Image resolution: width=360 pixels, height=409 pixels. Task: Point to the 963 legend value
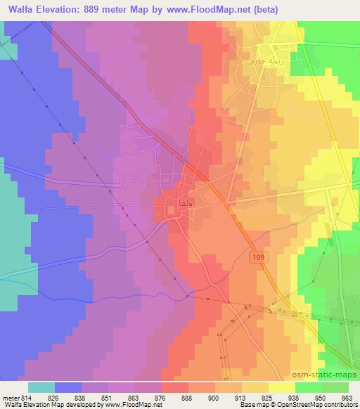347,396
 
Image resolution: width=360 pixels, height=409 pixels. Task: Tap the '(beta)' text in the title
277,9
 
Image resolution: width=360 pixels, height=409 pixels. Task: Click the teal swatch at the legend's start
41,387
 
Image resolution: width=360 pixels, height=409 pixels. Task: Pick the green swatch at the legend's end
335,387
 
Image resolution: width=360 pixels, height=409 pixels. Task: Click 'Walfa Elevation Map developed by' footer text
53,405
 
